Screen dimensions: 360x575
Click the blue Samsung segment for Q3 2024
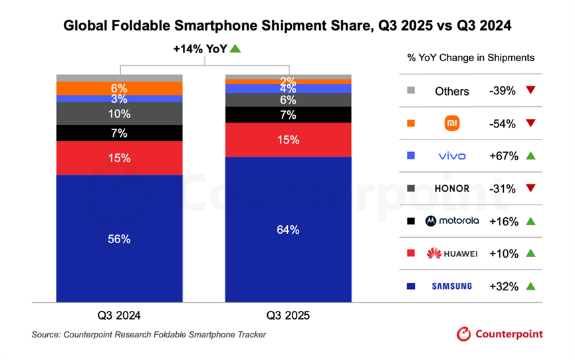coord(120,238)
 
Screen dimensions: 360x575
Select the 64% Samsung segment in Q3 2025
coord(288,229)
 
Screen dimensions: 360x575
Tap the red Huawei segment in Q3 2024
coord(120,158)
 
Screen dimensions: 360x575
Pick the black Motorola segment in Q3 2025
coord(288,115)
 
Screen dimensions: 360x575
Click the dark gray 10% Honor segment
coord(120,114)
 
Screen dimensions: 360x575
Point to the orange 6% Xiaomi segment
coord(120,88)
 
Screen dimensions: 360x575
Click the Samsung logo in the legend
coord(452,286)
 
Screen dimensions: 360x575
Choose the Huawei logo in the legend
coord(452,253)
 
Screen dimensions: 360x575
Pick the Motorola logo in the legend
coord(452,221)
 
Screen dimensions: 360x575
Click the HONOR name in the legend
coord(452,189)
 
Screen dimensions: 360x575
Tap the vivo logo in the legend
coord(452,156)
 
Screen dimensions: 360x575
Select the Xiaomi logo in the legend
coord(452,124)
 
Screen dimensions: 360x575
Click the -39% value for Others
coord(503,91)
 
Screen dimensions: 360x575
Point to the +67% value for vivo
coord(503,156)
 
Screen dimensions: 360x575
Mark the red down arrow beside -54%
coord(530,124)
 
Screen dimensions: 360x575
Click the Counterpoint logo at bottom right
coord(499,334)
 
